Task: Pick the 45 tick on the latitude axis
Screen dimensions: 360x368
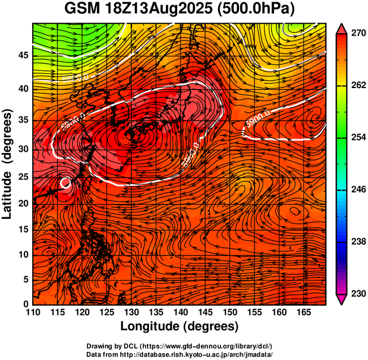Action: click(23, 55)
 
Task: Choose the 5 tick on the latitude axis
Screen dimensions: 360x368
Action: click(25, 279)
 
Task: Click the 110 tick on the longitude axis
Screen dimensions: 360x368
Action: click(33, 312)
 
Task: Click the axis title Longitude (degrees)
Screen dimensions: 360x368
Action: click(180, 326)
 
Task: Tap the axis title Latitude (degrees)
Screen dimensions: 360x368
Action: click(8, 164)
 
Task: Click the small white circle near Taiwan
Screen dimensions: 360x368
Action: click(65, 183)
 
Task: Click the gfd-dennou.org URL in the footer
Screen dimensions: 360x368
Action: click(202, 346)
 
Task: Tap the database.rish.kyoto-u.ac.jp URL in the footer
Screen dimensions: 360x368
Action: click(202, 354)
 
